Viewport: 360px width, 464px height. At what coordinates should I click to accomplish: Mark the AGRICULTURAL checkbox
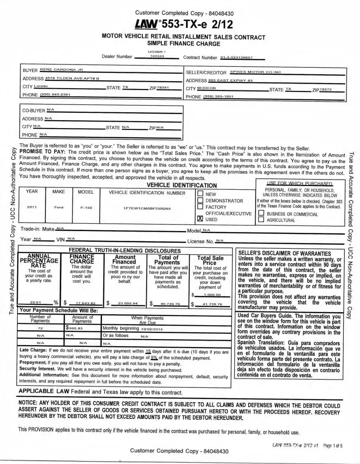(x=261, y=220)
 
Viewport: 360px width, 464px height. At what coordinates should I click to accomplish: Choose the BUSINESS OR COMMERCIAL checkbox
(x=261, y=213)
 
